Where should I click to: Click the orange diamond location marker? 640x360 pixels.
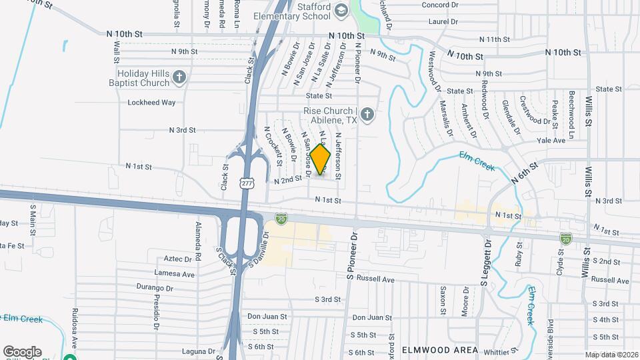321,160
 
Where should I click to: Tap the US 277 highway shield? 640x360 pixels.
246,182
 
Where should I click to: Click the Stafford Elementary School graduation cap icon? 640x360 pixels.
341,11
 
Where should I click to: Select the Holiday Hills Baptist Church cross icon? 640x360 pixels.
179,78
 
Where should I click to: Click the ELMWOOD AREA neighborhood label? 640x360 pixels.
439,350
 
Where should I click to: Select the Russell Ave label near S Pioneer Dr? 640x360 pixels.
376,278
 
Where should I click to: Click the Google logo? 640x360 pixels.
22,352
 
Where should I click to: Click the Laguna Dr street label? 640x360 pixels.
198,351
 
